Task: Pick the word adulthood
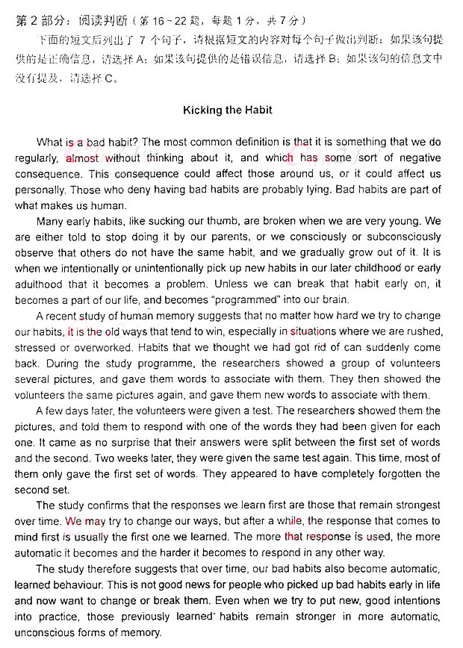[x=40, y=284]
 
